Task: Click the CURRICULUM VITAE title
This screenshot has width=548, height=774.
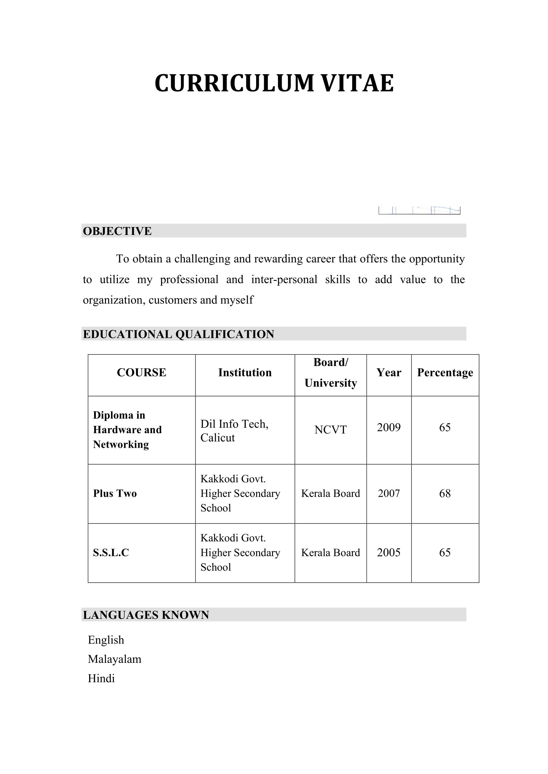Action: pos(274,83)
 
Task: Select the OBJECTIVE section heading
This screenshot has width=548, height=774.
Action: pos(117,231)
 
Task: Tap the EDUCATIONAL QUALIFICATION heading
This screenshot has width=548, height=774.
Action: pos(179,334)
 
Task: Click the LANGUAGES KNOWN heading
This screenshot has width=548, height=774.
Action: pos(146,615)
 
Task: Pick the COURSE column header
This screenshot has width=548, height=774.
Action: pos(141,373)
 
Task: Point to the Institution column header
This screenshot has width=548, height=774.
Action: pos(245,373)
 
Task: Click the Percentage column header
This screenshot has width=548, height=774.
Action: pos(445,373)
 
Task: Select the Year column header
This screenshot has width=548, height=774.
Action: pos(389,373)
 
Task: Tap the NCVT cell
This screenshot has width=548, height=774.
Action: pos(330,430)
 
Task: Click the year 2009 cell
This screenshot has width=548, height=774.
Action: pos(389,428)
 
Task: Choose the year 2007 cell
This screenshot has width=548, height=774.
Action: pos(389,493)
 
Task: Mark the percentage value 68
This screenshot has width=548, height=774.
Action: pos(445,493)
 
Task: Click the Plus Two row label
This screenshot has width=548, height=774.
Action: pos(115,493)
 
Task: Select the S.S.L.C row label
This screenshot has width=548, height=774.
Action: pos(111,553)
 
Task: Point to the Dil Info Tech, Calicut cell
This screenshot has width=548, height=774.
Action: pos(234,431)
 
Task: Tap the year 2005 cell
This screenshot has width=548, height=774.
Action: pos(389,553)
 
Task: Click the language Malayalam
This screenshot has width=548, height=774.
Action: pos(114,659)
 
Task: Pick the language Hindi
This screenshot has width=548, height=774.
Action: pos(101,678)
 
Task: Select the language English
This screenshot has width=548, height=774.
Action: pos(106,640)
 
